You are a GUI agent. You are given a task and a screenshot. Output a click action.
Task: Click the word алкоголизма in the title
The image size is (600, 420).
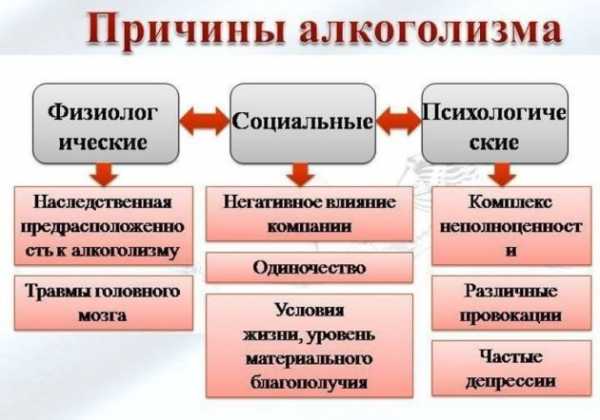(430, 29)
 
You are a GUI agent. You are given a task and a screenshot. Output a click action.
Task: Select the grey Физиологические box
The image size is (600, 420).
(106, 124)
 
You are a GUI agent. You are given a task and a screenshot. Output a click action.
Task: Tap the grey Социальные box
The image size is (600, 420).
(303, 124)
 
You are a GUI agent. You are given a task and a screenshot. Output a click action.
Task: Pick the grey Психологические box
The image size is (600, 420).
(495, 124)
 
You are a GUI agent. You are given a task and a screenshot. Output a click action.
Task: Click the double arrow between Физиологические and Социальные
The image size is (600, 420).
(204, 121)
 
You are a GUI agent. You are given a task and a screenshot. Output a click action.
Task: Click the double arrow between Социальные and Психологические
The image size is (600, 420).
(399, 121)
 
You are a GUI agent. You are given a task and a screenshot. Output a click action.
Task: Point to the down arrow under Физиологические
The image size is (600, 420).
(104, 175)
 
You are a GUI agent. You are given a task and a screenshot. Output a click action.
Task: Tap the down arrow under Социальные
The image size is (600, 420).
(301, 175)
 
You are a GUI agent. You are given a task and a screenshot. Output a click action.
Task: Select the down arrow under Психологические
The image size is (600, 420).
(502, 175)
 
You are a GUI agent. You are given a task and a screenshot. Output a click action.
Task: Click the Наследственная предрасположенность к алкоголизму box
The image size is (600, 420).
(103, 226)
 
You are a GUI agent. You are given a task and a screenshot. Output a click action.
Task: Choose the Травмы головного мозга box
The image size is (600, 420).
(103, 303)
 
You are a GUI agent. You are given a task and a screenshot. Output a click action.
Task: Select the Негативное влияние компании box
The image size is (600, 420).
(309, 214)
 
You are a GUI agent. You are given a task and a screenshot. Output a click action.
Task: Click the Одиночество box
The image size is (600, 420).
(309, 267)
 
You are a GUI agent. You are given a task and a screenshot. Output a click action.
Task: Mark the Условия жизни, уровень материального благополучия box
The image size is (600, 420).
(309, 346)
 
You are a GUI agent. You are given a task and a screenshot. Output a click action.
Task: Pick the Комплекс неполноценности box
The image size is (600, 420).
(512, 226)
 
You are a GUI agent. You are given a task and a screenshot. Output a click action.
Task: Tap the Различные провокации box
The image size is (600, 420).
(512, 303)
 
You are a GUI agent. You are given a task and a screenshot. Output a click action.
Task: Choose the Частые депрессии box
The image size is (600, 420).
(512, 368)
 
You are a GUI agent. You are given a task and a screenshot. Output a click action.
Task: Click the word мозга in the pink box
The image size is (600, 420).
(103, 316)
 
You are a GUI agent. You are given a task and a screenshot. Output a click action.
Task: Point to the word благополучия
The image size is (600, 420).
(309, 383)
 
